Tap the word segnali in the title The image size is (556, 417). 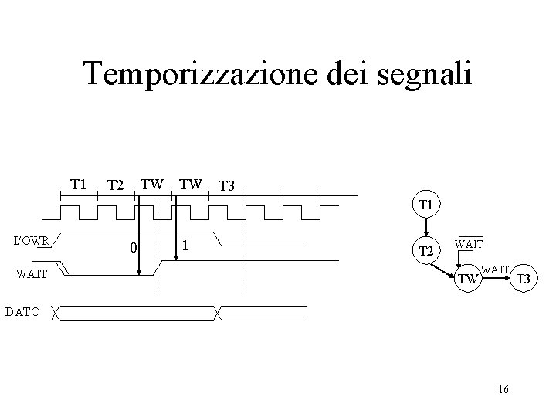point(432,74)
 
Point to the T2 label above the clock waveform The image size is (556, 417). point(116,185)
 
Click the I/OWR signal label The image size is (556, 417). point(32,240)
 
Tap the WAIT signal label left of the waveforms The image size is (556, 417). point(32,273)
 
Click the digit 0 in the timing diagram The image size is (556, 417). point(133,248)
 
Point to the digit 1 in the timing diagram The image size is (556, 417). point(185,246)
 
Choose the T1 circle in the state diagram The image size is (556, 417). point(425,206)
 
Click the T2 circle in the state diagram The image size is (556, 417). point(425,252)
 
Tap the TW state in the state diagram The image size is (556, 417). point(469,279)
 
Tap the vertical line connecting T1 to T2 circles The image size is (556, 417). point(425,229)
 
